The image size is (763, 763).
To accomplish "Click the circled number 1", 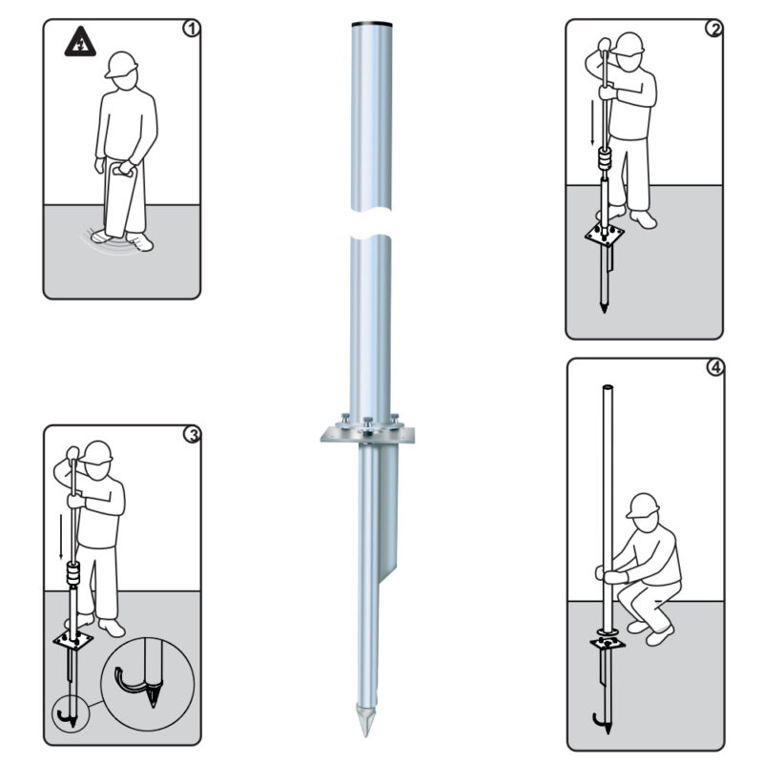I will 192,29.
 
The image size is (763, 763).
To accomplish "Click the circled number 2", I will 714,29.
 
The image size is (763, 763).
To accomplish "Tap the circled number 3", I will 192,436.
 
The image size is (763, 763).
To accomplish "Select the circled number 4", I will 714,369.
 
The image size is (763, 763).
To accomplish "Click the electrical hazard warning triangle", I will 77,41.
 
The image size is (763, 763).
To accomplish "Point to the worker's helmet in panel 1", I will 121,64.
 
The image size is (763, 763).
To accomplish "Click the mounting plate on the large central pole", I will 369,435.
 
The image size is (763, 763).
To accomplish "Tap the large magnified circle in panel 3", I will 148,683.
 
